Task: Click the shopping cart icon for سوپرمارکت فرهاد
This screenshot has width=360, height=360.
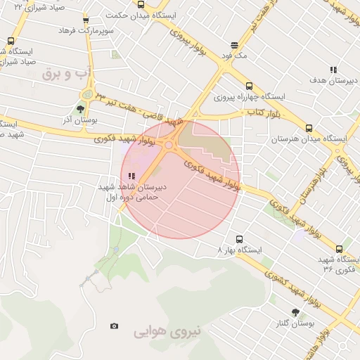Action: point(86,20)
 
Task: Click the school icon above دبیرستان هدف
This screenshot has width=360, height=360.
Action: point(333,70)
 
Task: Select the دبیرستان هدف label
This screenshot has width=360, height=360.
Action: point(330,82)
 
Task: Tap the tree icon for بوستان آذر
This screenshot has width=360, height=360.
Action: point(81,109)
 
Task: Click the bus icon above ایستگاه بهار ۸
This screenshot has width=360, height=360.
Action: point(240,239)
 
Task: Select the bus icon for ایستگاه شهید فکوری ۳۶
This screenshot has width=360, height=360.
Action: point(340,249)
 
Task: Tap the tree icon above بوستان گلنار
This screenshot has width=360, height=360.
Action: point(295,312)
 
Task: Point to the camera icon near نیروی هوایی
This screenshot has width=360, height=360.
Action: point(114,326)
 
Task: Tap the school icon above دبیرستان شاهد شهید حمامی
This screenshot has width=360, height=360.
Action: point(131,176)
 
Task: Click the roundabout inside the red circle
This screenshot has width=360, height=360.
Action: point(169,145)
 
